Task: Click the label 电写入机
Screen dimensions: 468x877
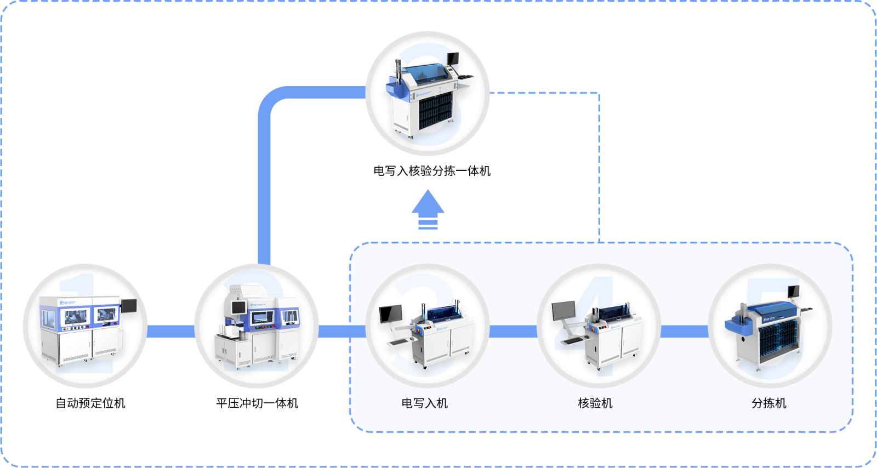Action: pos(425,403)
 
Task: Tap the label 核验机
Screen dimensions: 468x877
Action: pos(595,403)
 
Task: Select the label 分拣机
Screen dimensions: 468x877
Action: pos(768,403)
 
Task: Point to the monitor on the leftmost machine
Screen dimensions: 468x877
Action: pos(129,305)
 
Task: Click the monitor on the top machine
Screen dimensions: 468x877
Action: pos(453,58)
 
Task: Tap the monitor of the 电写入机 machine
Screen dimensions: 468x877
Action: pos(390,313)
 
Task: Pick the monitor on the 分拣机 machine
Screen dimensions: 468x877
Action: pos(793,292)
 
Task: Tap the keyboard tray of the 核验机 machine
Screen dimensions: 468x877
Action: pos(571,340)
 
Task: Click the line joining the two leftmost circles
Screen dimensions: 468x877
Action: pos(170,332)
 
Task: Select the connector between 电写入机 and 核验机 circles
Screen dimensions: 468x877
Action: pos(513,330)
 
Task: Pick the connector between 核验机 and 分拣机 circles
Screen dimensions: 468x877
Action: pos(684,330)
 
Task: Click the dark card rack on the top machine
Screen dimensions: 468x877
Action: pos(435,112)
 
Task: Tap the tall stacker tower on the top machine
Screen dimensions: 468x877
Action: pos(398,71)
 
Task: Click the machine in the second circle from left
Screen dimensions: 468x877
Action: pos(257,329)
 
